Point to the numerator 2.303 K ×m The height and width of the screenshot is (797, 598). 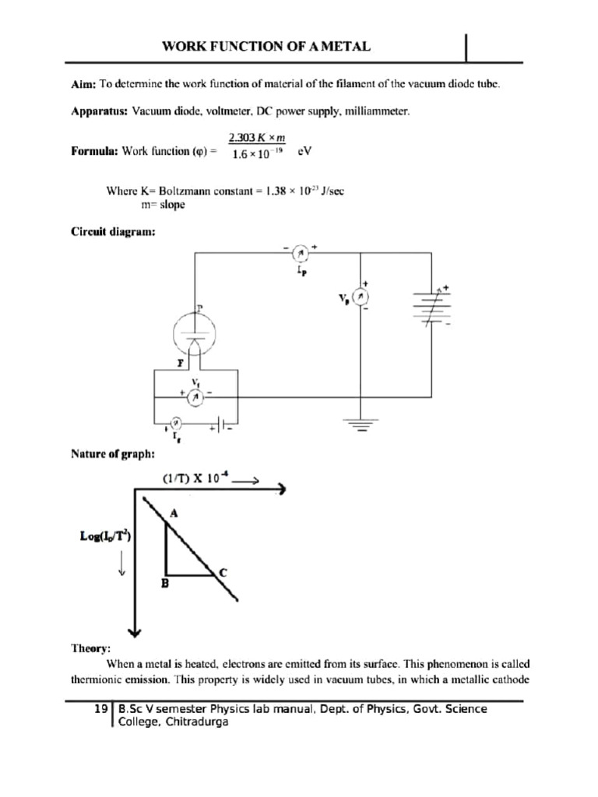pos(256,138)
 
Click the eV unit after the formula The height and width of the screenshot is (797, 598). pos(305,152)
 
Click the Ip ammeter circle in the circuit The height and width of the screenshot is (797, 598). pos(300,252)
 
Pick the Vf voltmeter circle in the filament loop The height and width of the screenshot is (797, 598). pos(196,397)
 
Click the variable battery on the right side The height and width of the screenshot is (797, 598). pos(431,306)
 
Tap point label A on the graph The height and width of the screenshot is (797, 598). pos(174,512)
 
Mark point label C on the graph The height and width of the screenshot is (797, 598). pos(223,572)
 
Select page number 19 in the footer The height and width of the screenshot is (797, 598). pos(100,709)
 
